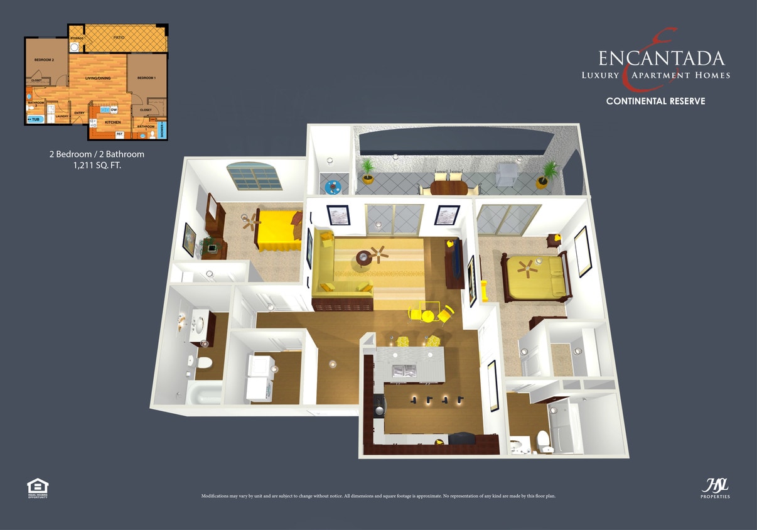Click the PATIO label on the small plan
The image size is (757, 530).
pyautogui.click(x=119, y=38)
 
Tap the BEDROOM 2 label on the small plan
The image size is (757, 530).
pyautogui.click(x=44, y=60)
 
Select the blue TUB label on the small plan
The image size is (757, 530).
pyautogui.click(x=35, y=119)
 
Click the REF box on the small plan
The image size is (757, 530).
pyautogui.click(x=119, y=134)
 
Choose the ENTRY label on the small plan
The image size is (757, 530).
pyautogui.click(x=80, y=113)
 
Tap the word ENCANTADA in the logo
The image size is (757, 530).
pyautogui.click(x=661, y=58)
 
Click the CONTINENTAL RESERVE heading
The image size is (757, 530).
pyautogui.click(x=655, y=101)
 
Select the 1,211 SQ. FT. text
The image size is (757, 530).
pyautogui.click(x=96, y=166)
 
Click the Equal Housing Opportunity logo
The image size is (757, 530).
pyautogui.click(x=38, y=487)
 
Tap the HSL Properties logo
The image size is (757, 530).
pyautogui.click(x=715, y=487)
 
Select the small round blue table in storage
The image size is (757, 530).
pyautogui.click(x=332, y=187)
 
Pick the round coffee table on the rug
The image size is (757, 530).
pyautogui.click(x=363, y=257)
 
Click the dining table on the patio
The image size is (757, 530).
pyautogui.click(x=448, y=187)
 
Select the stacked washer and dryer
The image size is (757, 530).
pyautogui.click(x=259, y=377)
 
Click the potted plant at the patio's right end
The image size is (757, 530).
pyautogui.click(x=549, y=173)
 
